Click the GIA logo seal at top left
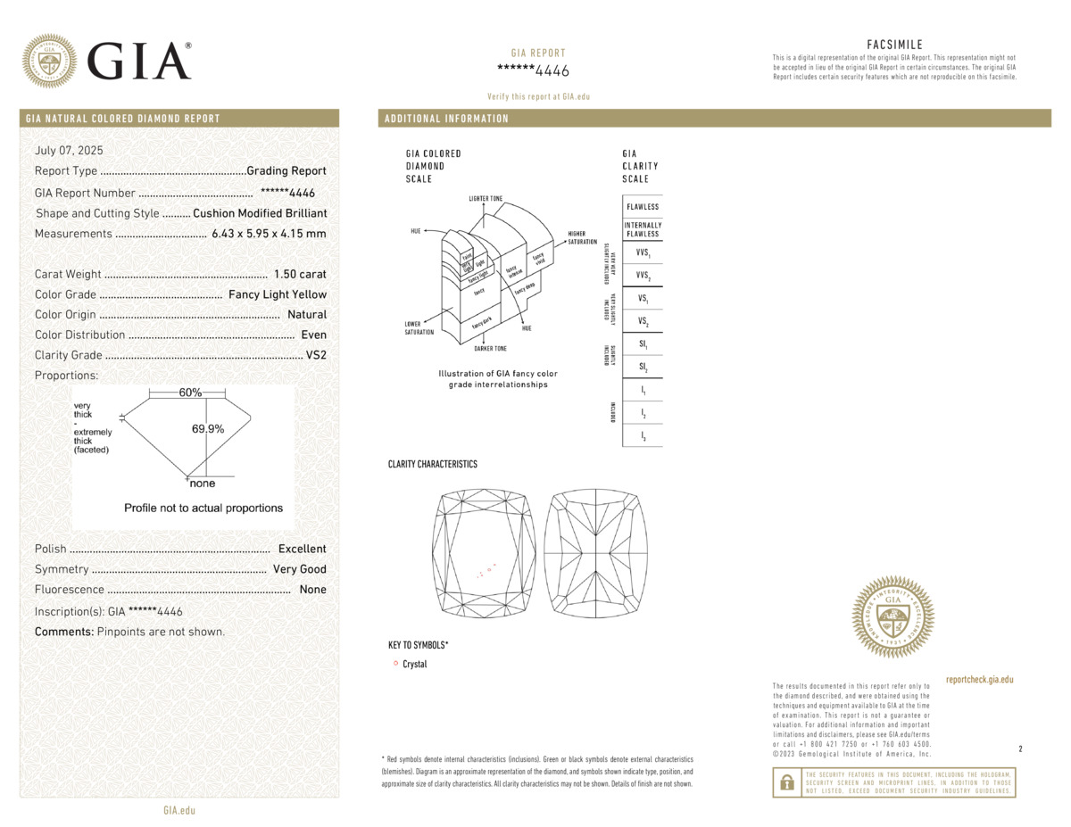point(49,61)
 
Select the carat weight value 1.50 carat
point(300,274)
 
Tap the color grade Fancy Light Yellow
point(278,294)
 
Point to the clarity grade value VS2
point(316,355)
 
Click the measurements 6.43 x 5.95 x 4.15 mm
point(269,234)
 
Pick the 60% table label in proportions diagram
point(190,393)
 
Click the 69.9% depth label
point(208,429)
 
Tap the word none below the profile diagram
point(203,484)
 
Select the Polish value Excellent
point(302,549)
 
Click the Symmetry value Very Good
point(300,569)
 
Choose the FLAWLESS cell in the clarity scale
point(643,207)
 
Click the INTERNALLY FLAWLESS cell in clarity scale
point(643,229)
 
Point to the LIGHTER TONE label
point(486,196)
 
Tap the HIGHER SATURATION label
point(582,238)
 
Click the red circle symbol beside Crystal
point(394,664)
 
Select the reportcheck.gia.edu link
point(979,680)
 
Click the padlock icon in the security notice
point(786,782)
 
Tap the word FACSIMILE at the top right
point(894,45)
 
